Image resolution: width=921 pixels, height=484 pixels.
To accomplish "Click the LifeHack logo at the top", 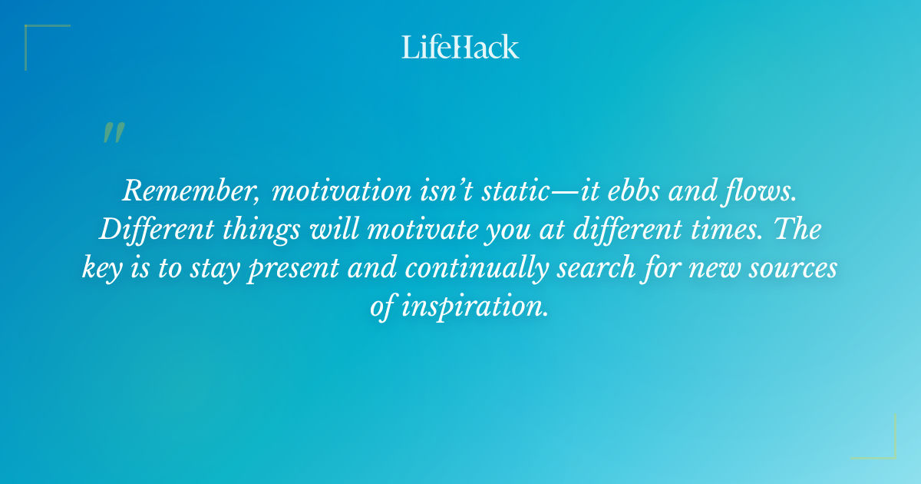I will (460, 47).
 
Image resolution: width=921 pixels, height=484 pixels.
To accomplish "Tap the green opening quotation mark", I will (113, 134).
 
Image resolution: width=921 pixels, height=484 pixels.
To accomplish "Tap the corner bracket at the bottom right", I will (884, 447).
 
